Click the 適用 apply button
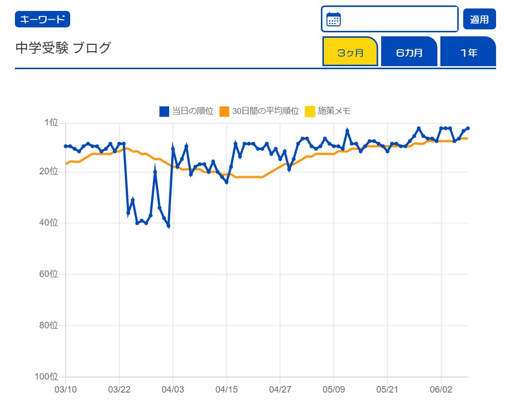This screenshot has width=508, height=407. click(x=479, y=19)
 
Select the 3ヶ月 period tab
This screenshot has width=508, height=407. click(x=350, y=52)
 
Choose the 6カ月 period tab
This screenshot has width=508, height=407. click(x=409, y=52)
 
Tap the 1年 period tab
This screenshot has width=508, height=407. click(x=468, y=52)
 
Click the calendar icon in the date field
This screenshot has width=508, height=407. click(x=333, y=19)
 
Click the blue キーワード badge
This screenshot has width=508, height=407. click(x=42, y=19)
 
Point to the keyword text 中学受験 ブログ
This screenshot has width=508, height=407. click(x=63, y=48)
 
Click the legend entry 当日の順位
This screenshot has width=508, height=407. click(x=186, y=111)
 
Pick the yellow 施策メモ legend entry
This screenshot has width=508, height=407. click(x=327, y=111)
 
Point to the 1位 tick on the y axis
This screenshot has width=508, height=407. click(x=52, y=122)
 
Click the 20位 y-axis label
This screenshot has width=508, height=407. click(x=50, y=171)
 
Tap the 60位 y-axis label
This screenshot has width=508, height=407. click(x=50, y=274)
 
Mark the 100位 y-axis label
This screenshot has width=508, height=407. click(x=48, y=377)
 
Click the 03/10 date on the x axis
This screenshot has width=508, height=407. click(x=65, y=389)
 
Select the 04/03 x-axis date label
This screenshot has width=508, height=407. click(x=173, y=389)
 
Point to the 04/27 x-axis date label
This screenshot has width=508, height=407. click(x=280, y=389)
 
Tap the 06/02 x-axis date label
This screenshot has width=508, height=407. click(x=441, y=389)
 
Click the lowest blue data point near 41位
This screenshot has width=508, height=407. click(x=169, y=226)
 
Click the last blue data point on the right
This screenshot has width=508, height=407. click(x=468, y=128)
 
